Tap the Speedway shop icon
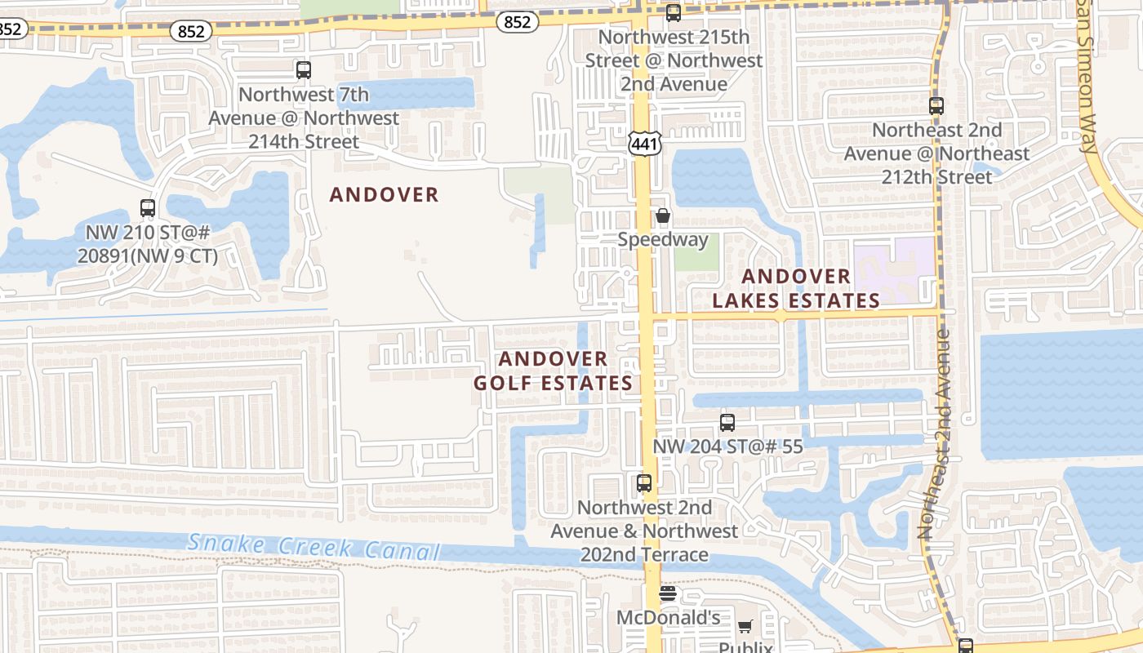point(663,216)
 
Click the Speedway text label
point(663,239)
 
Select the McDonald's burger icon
point(668,593)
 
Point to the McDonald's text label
point(668,618)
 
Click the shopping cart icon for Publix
point(745,627)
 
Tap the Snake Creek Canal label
point(314,547)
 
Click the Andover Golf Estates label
point(554,371)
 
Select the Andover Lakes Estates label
point(796,289)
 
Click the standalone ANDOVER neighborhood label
point(384,194)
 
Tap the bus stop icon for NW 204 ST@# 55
point(727,423)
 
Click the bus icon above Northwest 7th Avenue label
point(304,70)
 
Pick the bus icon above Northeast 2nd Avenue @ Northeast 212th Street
point(936,106)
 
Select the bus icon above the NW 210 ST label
point(148,208)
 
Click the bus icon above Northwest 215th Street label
point(674,13)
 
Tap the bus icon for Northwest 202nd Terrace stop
point(644,483)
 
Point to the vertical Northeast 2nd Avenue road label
point(936,433)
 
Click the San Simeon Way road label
point(1086,73)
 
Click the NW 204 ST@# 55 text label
point(727,446)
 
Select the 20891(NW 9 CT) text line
point(148,255)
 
